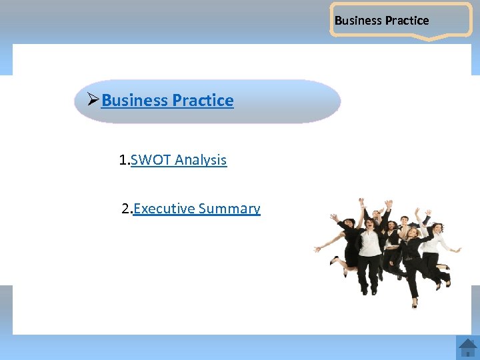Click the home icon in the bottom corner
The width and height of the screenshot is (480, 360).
click(x=467, y=347)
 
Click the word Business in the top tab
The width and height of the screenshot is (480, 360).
click(x=357, y=20)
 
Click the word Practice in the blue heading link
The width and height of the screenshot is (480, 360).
click(x=203, y=101)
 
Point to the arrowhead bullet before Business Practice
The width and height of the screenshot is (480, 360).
click(x=93, y=100)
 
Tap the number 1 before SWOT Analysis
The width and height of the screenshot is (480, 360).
click(x=123, y=160)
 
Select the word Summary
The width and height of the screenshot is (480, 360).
click(x=229, y=209)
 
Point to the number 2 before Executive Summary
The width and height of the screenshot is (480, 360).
click(x=125, y=209)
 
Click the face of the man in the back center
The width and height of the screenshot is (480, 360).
click(x=377, y=215)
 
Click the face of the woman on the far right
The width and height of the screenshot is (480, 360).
click(x=437, y=229)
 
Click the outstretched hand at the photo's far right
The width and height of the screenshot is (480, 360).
click(x=458, y=250)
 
